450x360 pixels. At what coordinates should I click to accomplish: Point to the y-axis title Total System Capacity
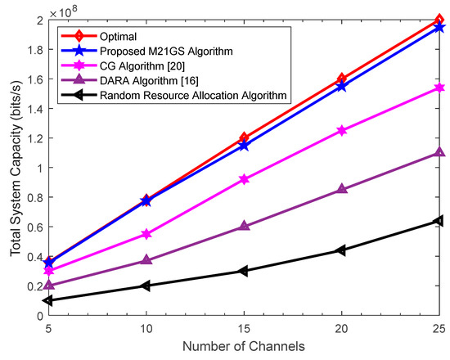tap(14, 168)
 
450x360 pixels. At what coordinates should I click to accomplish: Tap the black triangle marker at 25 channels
tap(439, 220)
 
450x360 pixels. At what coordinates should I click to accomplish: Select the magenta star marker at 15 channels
tap(244, 178)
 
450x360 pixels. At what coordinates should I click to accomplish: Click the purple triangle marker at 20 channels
tap(342, 189)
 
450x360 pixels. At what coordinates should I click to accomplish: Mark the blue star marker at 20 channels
tap(342, 85)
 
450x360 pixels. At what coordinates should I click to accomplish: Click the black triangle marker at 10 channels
tap(146, 286)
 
